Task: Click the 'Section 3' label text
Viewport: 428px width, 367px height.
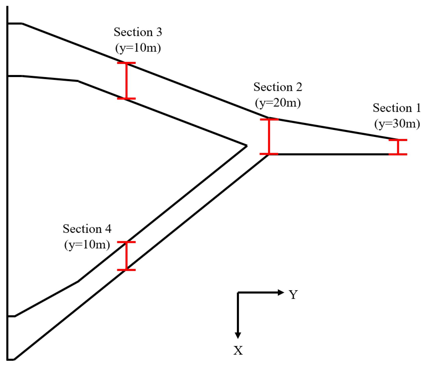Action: click(x=138, y=32)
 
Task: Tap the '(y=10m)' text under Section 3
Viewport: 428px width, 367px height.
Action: click(x=138, y=48)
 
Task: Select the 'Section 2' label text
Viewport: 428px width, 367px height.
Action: click(x=278, y=87)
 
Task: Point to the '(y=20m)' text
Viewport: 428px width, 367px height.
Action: click(x=278, y=103)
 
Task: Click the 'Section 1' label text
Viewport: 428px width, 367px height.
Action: click(x=397, y=108)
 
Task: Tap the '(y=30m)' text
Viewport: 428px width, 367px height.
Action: click(x=397, y=124)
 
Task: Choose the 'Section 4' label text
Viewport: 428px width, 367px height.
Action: click(x=87, y=229)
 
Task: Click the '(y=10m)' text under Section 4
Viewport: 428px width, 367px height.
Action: click(x=87, y=244)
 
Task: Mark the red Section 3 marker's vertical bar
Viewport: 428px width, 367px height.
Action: click(x=126, y=81)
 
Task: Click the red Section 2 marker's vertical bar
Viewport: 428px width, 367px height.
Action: click(x=269, y=137)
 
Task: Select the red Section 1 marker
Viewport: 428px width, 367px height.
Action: click(x=398, y=147)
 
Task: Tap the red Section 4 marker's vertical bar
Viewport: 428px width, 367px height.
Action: click(x=126, y=256)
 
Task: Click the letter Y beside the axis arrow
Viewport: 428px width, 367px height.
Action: click(x=293, y=295)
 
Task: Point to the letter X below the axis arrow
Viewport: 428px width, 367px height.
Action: click(x=238, y=350)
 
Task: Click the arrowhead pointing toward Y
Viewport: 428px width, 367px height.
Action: click(x=281, y=293)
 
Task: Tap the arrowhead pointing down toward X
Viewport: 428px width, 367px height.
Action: click(x=238, y=335)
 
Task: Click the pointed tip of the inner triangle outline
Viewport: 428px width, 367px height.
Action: click(x=247, y=146)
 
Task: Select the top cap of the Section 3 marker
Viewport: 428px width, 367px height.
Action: click(x=126, y=63)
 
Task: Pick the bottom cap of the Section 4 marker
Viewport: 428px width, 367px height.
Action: click(x=126, y=270)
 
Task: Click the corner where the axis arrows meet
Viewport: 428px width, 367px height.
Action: click(x=238, y=293)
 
